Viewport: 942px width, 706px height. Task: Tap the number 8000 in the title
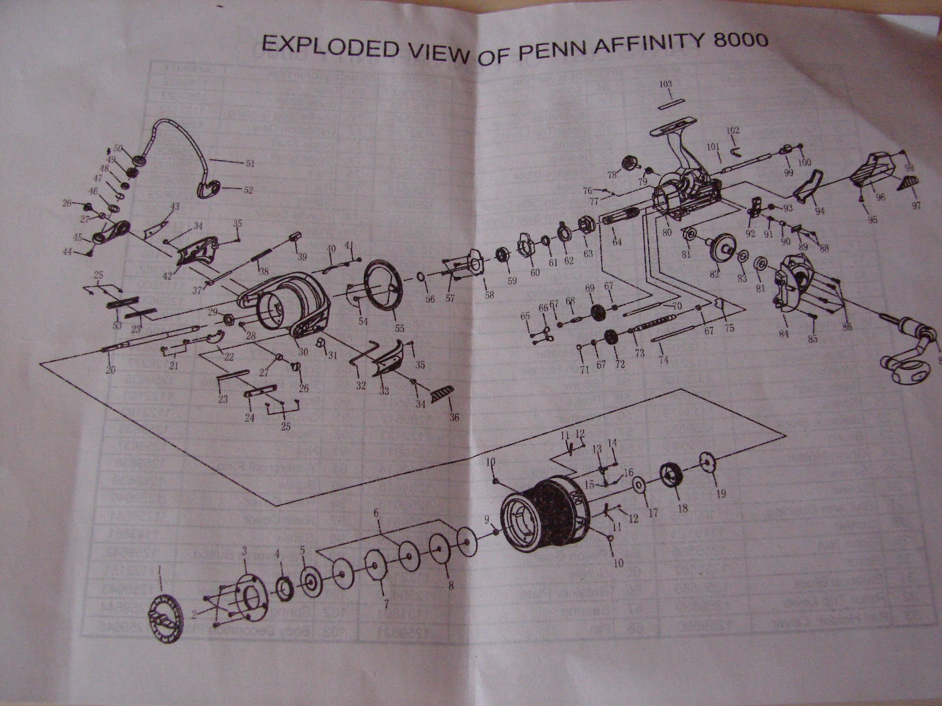(738, 41)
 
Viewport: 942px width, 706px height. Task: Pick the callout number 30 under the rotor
(303, 352)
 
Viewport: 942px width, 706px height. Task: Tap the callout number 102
(732, 130)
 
